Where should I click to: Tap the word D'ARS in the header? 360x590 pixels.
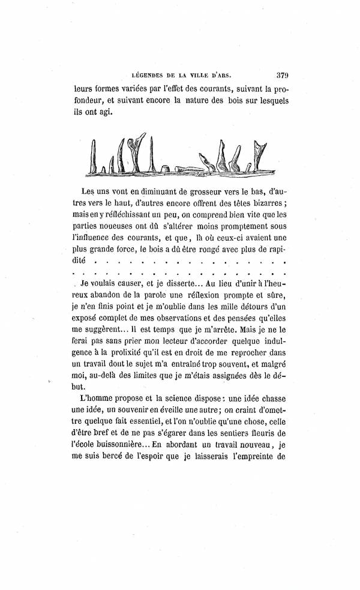[220, 76]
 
